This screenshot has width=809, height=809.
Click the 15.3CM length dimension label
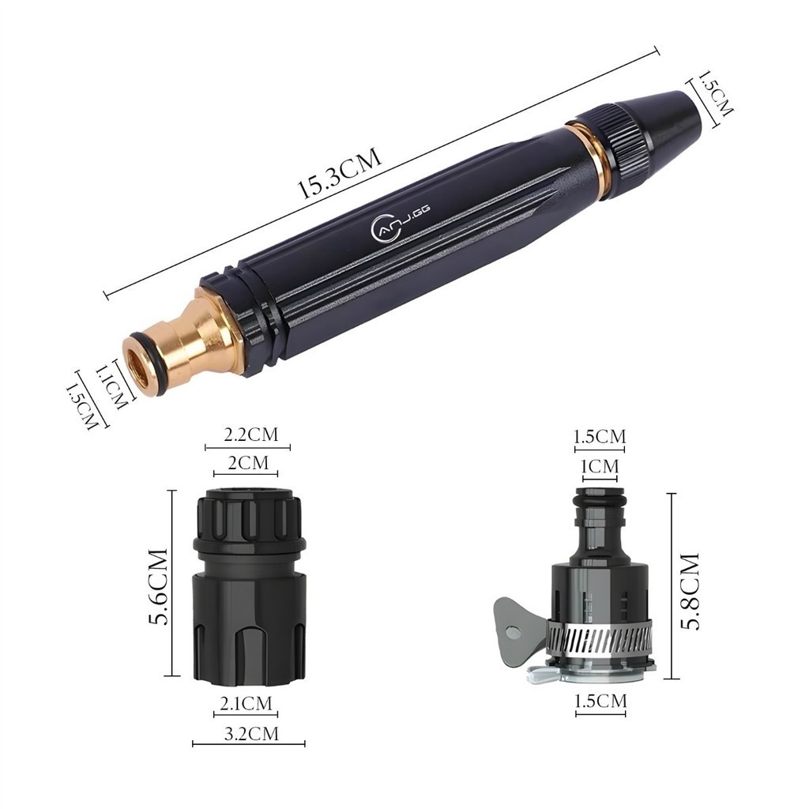(x=340, y=173)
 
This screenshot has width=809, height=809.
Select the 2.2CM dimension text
(x=250, y=435)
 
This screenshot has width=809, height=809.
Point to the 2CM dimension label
(x=248, y=463)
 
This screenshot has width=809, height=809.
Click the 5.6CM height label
(x=158, y=587)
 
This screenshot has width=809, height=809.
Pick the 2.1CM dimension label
(x=246, y=703)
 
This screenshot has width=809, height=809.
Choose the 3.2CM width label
(x=251, y=733)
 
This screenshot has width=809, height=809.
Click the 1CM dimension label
(x=600, y=467)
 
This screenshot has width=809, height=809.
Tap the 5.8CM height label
(x=690, y=591)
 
